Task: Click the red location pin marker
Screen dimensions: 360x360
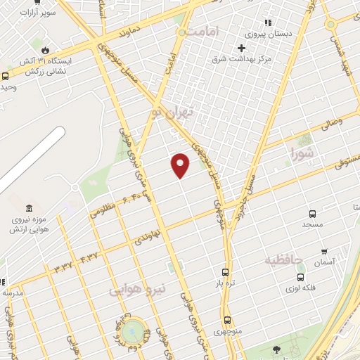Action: pyautogui.click(x=181, y=165)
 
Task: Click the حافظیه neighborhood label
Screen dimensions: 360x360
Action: pyautogui.click(x=283, y=261)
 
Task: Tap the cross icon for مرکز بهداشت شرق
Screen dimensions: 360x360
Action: pyautogui.click(x=241, y=48)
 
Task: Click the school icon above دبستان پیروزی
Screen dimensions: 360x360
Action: pyautogui.click(x=268, y=22)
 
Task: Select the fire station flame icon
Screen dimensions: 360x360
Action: pyautogui.click(x=45, y=51)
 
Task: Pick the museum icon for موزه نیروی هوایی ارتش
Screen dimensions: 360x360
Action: pyautogui.click(x=29, y=209)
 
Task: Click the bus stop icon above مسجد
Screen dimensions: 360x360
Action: pyautogui.click(x=312, y=213)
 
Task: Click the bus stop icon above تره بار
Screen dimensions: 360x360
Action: pyautogui.click(x=225, y=272)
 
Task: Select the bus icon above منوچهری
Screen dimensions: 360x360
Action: pyautogui.click(x=226, y=320)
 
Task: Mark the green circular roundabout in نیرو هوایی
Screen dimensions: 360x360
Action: pyautogui.click(x=131, y=330)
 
